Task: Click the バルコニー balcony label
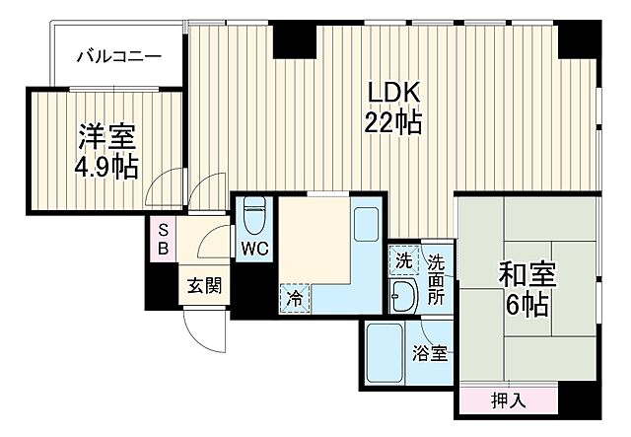(x=119, y=56)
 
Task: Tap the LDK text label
(x=394, y=92)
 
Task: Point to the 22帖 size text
(x=394, y=123)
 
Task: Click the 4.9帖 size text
(x=105, y=167)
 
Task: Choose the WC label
(x=254, y=248)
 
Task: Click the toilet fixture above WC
(x=254, y=214)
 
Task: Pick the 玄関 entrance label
(x=205, y=287)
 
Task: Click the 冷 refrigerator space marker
(x=294, y=296)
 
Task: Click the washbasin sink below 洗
(x=403, y=293)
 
